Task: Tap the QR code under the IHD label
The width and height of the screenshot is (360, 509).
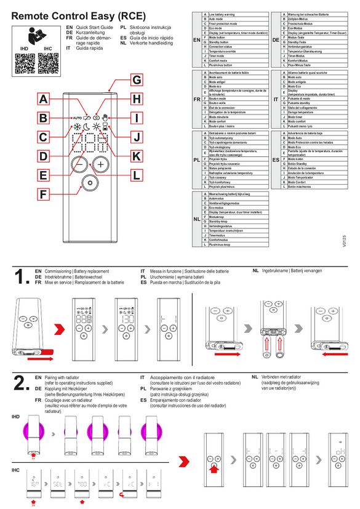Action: (23, 63)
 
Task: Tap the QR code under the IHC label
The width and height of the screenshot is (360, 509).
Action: (47, 63)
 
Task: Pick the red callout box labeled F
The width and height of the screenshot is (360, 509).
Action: (43, 194)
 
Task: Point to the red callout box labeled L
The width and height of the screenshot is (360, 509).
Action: (137, 175)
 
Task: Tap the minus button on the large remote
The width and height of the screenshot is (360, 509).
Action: (79, 164)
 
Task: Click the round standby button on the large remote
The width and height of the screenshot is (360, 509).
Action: (90, 183)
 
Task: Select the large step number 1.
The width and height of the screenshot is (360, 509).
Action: (20, 276)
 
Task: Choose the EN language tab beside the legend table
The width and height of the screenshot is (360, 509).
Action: (196, 40)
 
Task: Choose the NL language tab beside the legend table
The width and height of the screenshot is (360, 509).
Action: (196, 218)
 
